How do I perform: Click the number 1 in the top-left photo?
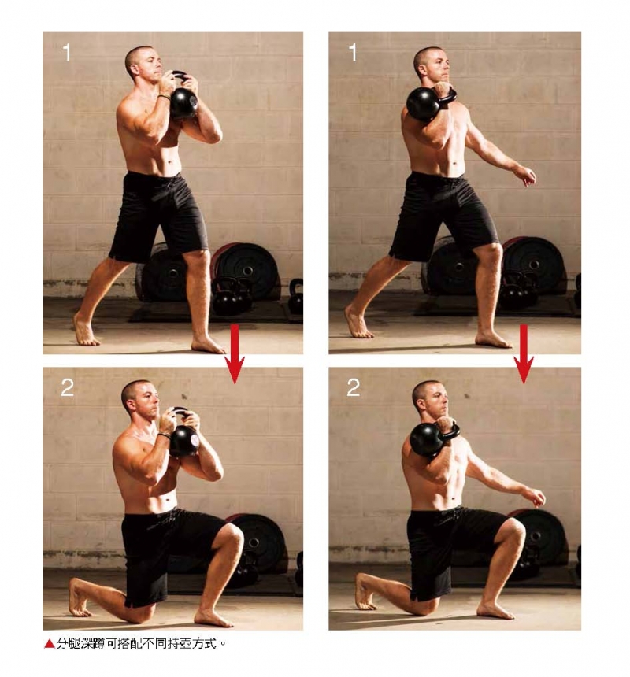pyautogui.click(x=67, y=52)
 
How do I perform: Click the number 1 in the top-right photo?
pyautogui.click(x=353, y=52)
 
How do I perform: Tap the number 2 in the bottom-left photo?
pyautogui.click(x=68, y=388)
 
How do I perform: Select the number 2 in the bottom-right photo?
pyautogui.click(x=354, y=388)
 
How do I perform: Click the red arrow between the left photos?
pyautogui.click(x=235, y=354)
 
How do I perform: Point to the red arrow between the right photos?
pyautogui.click(x=524, y=354)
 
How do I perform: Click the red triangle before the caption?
pyautogui.click(x=50, y=644)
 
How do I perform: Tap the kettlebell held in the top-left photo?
pyautogui.click(x=183, y=97)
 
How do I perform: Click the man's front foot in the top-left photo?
pyautogui.click(x=207, y=344)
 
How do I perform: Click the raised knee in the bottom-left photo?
pyautogui.click(x=232, y=535)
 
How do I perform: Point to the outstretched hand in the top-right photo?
pyautogui.click(x=527, y=176)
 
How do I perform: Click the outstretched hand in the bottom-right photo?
pyautogui.click(x=536, y=498)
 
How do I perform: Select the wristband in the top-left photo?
pyautogui.click(x=164, y=97)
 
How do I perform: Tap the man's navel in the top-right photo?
pyautogui.click(x=455, y=164)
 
